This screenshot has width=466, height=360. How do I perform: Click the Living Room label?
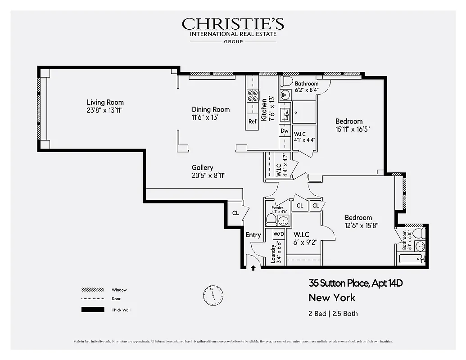105,102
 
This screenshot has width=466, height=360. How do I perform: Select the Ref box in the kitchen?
252,121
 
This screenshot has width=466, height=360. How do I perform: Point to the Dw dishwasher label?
284,131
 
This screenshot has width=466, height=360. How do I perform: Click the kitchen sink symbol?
285,115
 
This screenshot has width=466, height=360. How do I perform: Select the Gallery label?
202,167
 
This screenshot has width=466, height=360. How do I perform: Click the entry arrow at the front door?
253,268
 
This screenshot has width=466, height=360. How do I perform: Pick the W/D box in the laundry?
279,234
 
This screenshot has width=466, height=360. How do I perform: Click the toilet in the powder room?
271,220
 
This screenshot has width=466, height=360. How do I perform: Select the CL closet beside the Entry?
235,213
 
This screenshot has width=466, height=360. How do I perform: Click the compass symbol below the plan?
213,295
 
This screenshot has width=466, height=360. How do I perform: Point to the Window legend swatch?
92,290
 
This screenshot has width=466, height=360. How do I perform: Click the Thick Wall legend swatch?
92,310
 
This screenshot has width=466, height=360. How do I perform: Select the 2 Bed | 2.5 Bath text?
333,313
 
